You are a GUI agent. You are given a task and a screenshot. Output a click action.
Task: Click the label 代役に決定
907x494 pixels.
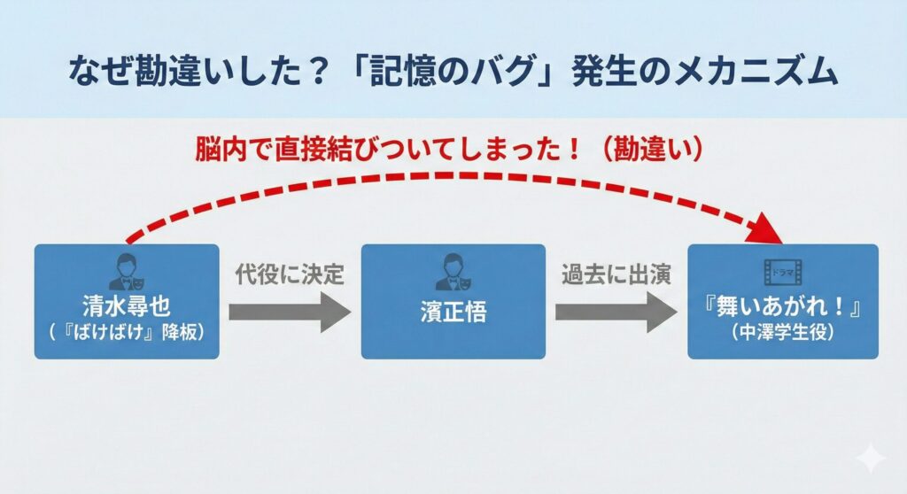coord(289,274)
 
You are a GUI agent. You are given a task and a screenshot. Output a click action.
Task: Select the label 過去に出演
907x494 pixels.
coord(616,274)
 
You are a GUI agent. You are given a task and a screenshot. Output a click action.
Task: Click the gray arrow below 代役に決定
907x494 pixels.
coord(290,312)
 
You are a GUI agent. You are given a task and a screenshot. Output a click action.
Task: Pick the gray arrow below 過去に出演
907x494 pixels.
coord(616,312)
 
